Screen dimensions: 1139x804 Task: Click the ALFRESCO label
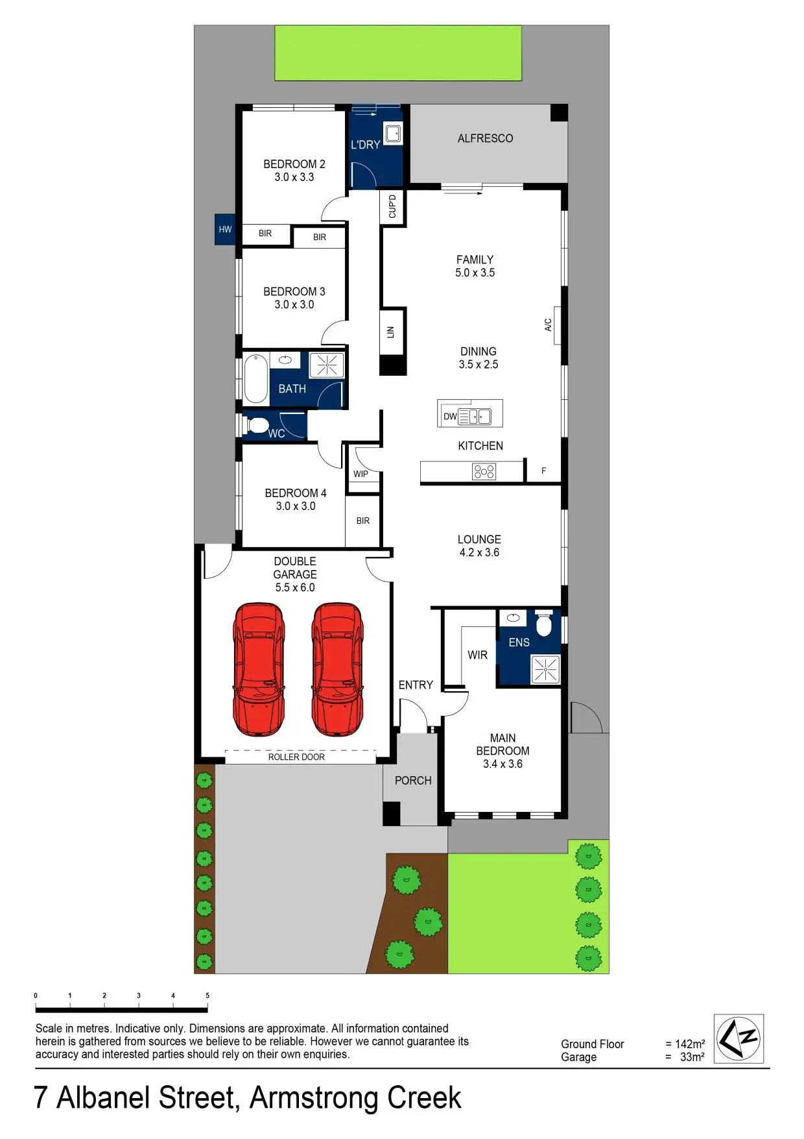[x=485, y=138]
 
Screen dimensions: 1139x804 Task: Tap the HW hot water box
[x=225, y=229]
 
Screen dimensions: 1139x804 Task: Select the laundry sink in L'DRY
[x=393, y=133]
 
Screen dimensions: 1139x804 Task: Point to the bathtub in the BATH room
[x=256, y=379]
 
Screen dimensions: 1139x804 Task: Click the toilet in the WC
[x=257, y=426]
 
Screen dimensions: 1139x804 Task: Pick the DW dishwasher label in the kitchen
[x=450, y=416]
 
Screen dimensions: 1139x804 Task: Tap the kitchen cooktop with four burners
[x=484, y=471]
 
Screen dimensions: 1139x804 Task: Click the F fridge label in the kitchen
[x=543, y=471]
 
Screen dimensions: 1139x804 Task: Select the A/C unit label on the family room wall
[x=548, y=325]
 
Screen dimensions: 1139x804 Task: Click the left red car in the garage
[x=259, y=669]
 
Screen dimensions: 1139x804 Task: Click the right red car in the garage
[x=337, y=669]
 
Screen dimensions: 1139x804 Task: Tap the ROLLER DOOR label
[x=296, y=757]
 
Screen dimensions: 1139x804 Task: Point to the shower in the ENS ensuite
[x=545, y=669]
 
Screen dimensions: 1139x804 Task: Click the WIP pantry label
[x=361, y=474]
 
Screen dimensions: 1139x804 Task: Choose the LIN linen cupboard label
[x=390, y=332]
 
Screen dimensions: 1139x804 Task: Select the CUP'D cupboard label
[x=392, y=206]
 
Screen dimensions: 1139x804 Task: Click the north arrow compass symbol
[x=739, y=1038]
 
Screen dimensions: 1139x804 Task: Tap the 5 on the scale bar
[x=207, y=995]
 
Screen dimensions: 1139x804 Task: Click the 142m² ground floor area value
[x=689, y=1044]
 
